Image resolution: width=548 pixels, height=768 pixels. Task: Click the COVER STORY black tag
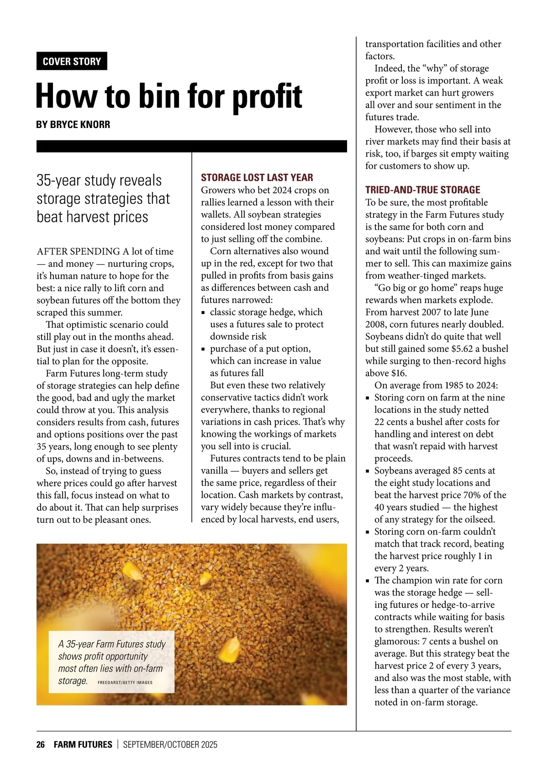(72, 61)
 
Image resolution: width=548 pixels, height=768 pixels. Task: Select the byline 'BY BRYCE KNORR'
(73, 124)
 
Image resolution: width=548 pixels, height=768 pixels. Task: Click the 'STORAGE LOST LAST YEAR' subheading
(257, 178)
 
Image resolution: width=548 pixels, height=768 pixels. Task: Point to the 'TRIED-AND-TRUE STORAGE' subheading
(423, 190)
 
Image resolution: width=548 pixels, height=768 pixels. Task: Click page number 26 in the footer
(41, 745)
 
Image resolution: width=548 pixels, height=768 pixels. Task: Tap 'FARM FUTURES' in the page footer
(83, 745)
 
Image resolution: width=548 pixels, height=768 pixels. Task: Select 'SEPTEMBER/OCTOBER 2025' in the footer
(170, 745)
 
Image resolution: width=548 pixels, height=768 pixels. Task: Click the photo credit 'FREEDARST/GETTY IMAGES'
(125, 683)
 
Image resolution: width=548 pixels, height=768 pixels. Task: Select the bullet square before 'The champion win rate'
(368, 581)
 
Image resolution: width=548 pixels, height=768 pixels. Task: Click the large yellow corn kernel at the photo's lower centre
(230, 646)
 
